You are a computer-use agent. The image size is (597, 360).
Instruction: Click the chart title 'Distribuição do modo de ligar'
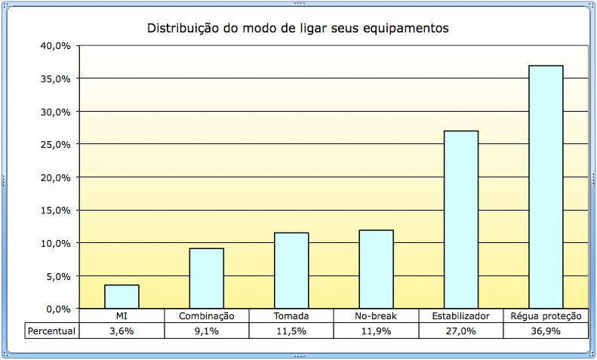[297, 29]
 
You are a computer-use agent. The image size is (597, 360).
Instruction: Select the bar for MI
[122, 297]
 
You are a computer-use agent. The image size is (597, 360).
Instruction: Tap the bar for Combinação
[206, 278]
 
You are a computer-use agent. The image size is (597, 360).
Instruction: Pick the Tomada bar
[291, 270]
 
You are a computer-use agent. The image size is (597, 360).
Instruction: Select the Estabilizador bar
[461, 220]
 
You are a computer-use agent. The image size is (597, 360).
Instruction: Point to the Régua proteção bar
[546, 187]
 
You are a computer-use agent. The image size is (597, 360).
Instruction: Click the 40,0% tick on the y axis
[56, 46]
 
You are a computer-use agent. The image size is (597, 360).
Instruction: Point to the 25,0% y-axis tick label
[56, 144]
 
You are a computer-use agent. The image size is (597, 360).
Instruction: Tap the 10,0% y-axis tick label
[56, 243]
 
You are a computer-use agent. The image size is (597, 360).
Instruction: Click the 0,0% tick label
[58, 309]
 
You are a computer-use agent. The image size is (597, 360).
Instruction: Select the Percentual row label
[51, 331]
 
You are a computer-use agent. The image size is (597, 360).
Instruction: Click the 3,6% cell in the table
[122, 331]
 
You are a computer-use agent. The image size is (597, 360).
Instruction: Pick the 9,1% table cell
[206, 331]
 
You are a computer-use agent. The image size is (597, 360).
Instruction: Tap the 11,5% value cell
[291, 331]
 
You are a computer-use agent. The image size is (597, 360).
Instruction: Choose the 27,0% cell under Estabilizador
[461, 331]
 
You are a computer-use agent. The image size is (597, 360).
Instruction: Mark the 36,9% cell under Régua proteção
[546, 331]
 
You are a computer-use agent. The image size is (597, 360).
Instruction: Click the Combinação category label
[206, 316]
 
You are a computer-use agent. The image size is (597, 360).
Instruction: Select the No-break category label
[376, 316]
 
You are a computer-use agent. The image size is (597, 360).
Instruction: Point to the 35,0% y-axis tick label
[56, 78]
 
